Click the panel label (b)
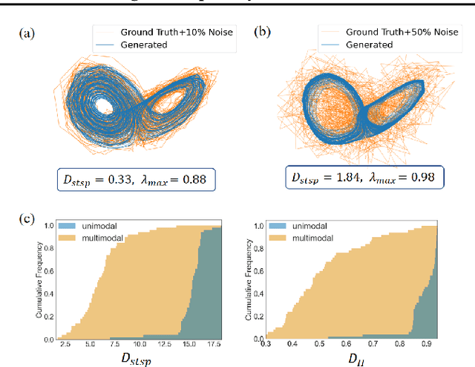point(261,32)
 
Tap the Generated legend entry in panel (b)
point(367,44)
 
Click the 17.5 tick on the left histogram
point(214,345)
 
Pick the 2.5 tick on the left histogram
point(65,345)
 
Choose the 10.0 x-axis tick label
point(140,345)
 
